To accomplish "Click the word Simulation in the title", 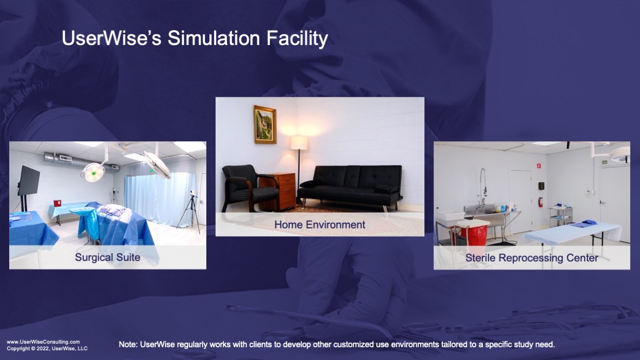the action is tap(214, 38).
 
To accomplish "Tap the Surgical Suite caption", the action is tap(108, 258).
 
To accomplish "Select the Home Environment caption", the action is tap(319, 225).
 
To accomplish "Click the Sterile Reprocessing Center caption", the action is tap(532, 258).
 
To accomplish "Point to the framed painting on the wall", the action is tap(265, 124).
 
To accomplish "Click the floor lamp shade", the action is tap(299, 142).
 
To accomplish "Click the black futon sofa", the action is tap(350, 186).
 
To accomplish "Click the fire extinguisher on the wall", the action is tap(541, 202).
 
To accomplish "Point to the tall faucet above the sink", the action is tap(482, 186).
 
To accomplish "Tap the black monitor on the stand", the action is tap(29, 181).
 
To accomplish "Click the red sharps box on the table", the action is tap(57, 203).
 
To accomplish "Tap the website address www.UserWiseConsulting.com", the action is tap(44, 342).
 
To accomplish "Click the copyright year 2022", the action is tap(42, 349).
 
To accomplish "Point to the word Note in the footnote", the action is tap(127, 344).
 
